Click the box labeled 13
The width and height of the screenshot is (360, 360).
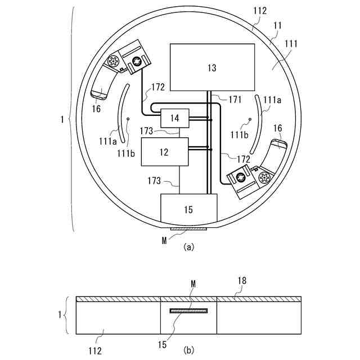coord(211,67)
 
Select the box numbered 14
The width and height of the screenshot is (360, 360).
coord(175,118)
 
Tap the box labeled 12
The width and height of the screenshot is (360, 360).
coord(164,152)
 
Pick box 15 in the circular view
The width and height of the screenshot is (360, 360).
coord(188,209)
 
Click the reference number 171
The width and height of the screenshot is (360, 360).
coord(235,100)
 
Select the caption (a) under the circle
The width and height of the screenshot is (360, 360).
coord(188,246)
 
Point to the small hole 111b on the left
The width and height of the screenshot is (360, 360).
coord(129,119)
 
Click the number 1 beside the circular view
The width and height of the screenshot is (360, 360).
coord(61,119)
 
